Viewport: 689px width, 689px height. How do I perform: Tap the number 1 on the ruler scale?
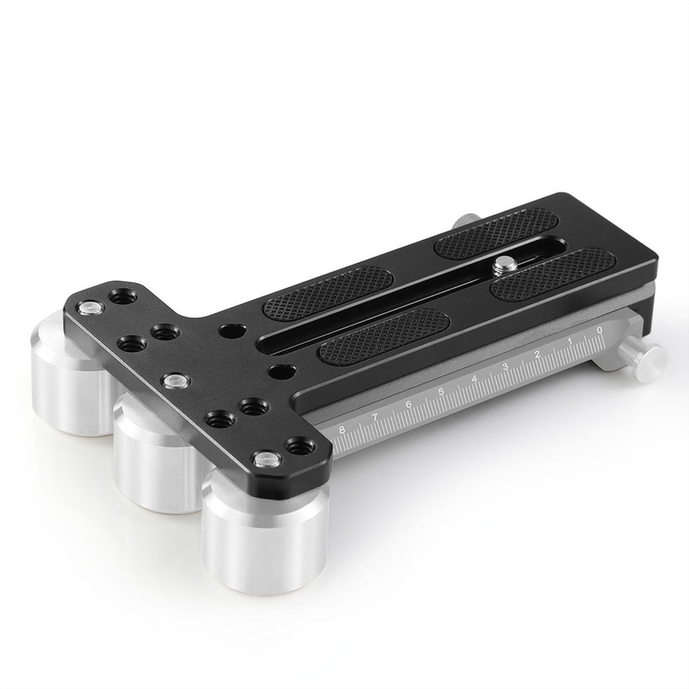coord(571,341)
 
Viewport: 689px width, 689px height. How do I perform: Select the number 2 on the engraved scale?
coord(536,355)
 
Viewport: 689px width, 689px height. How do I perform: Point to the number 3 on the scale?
coord(505,367)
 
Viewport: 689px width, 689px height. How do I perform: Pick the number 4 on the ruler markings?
coord(474,379)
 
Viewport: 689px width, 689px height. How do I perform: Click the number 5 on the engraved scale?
coord(441,392)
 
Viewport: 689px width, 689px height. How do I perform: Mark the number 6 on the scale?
coord(408,404)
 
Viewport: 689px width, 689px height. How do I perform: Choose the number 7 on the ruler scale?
coord(375,417)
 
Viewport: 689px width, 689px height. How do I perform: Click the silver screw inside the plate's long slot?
coord(500,265)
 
